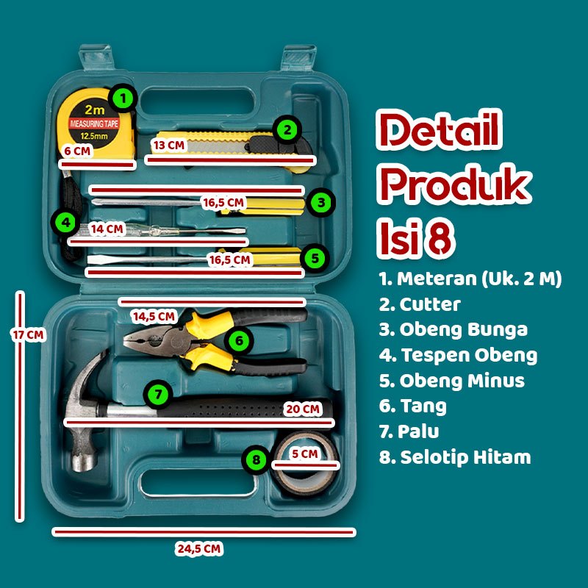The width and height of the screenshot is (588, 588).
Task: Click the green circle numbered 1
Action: pos(123,97)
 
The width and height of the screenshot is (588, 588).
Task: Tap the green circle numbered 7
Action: pos(157,393)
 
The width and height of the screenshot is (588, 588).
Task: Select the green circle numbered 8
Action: pos(256,460)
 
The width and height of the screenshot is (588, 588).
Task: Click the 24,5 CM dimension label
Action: pos(199,548)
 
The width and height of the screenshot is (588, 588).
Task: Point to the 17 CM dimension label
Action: pos(29,335)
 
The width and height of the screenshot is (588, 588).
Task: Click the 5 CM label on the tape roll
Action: pos(304,454)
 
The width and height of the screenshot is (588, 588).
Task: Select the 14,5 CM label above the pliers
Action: pos(154,317)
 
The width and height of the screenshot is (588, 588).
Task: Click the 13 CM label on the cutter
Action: pos(168,145)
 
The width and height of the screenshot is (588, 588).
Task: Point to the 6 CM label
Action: pos(77,151)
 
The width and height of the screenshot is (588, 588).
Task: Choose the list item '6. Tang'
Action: pos(413,406)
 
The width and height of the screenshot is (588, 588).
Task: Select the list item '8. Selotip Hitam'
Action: pos(455,457)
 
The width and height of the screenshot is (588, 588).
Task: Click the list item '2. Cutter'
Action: pos(420,304)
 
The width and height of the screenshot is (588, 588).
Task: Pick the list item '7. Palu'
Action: pos(409,431)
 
